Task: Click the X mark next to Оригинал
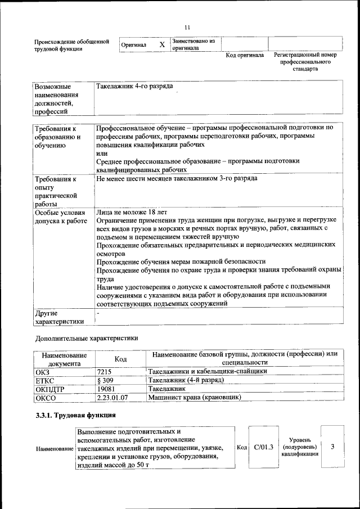[x=162, y=44]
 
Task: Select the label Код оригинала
[x=245, y=55]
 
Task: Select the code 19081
[x=106, y=389]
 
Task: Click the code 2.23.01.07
[x=112, y=398]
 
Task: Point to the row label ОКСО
[x=46, y=398]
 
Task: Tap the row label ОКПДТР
[x=49, y=389]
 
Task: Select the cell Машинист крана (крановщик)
[x=195, y=397]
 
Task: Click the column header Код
[x=120, y=359]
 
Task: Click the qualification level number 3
[x=333, y=447]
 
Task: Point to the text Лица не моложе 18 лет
[x=132, y=213]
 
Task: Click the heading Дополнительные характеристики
[x=86, y=338]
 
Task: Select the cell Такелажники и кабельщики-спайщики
[x=206, y=371]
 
